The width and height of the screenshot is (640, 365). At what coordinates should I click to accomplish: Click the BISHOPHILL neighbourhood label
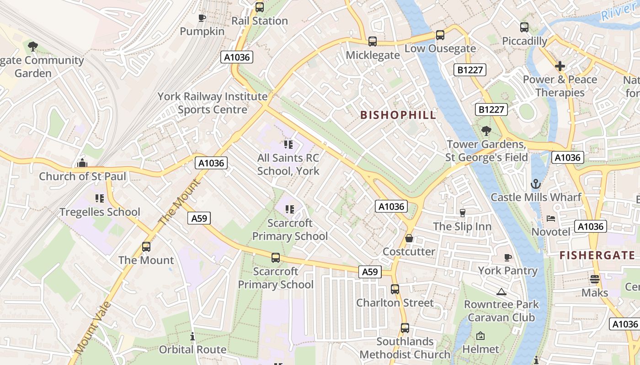398,115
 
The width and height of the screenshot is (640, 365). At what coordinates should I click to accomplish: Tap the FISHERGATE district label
597,255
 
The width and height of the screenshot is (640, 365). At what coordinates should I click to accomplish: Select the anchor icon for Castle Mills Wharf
535,184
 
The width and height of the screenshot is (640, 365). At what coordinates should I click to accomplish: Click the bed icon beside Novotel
551,219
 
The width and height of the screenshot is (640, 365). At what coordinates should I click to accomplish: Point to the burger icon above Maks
594,279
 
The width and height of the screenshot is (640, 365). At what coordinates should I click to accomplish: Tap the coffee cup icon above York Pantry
507,257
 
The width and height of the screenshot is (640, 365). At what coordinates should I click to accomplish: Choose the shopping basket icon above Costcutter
409,238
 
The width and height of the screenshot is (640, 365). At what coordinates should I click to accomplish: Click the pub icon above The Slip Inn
462,213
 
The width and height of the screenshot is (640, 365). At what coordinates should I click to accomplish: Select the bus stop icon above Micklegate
373,42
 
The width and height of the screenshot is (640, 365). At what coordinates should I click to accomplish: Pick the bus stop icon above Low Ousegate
440,35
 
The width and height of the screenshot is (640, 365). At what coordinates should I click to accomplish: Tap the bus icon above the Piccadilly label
524,27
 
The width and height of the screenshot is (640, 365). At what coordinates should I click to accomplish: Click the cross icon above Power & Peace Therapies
560,66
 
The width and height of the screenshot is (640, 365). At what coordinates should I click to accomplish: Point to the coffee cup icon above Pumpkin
202,18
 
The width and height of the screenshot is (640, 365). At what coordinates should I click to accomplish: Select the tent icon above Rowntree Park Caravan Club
501,291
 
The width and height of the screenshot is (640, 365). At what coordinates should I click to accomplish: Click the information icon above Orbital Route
192,337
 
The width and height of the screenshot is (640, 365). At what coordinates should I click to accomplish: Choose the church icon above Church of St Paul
82,163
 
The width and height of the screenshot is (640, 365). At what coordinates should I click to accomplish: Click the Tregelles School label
100,212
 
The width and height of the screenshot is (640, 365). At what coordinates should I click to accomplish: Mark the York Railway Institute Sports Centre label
213,103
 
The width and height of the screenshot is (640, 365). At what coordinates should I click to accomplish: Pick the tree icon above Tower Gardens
486,131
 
